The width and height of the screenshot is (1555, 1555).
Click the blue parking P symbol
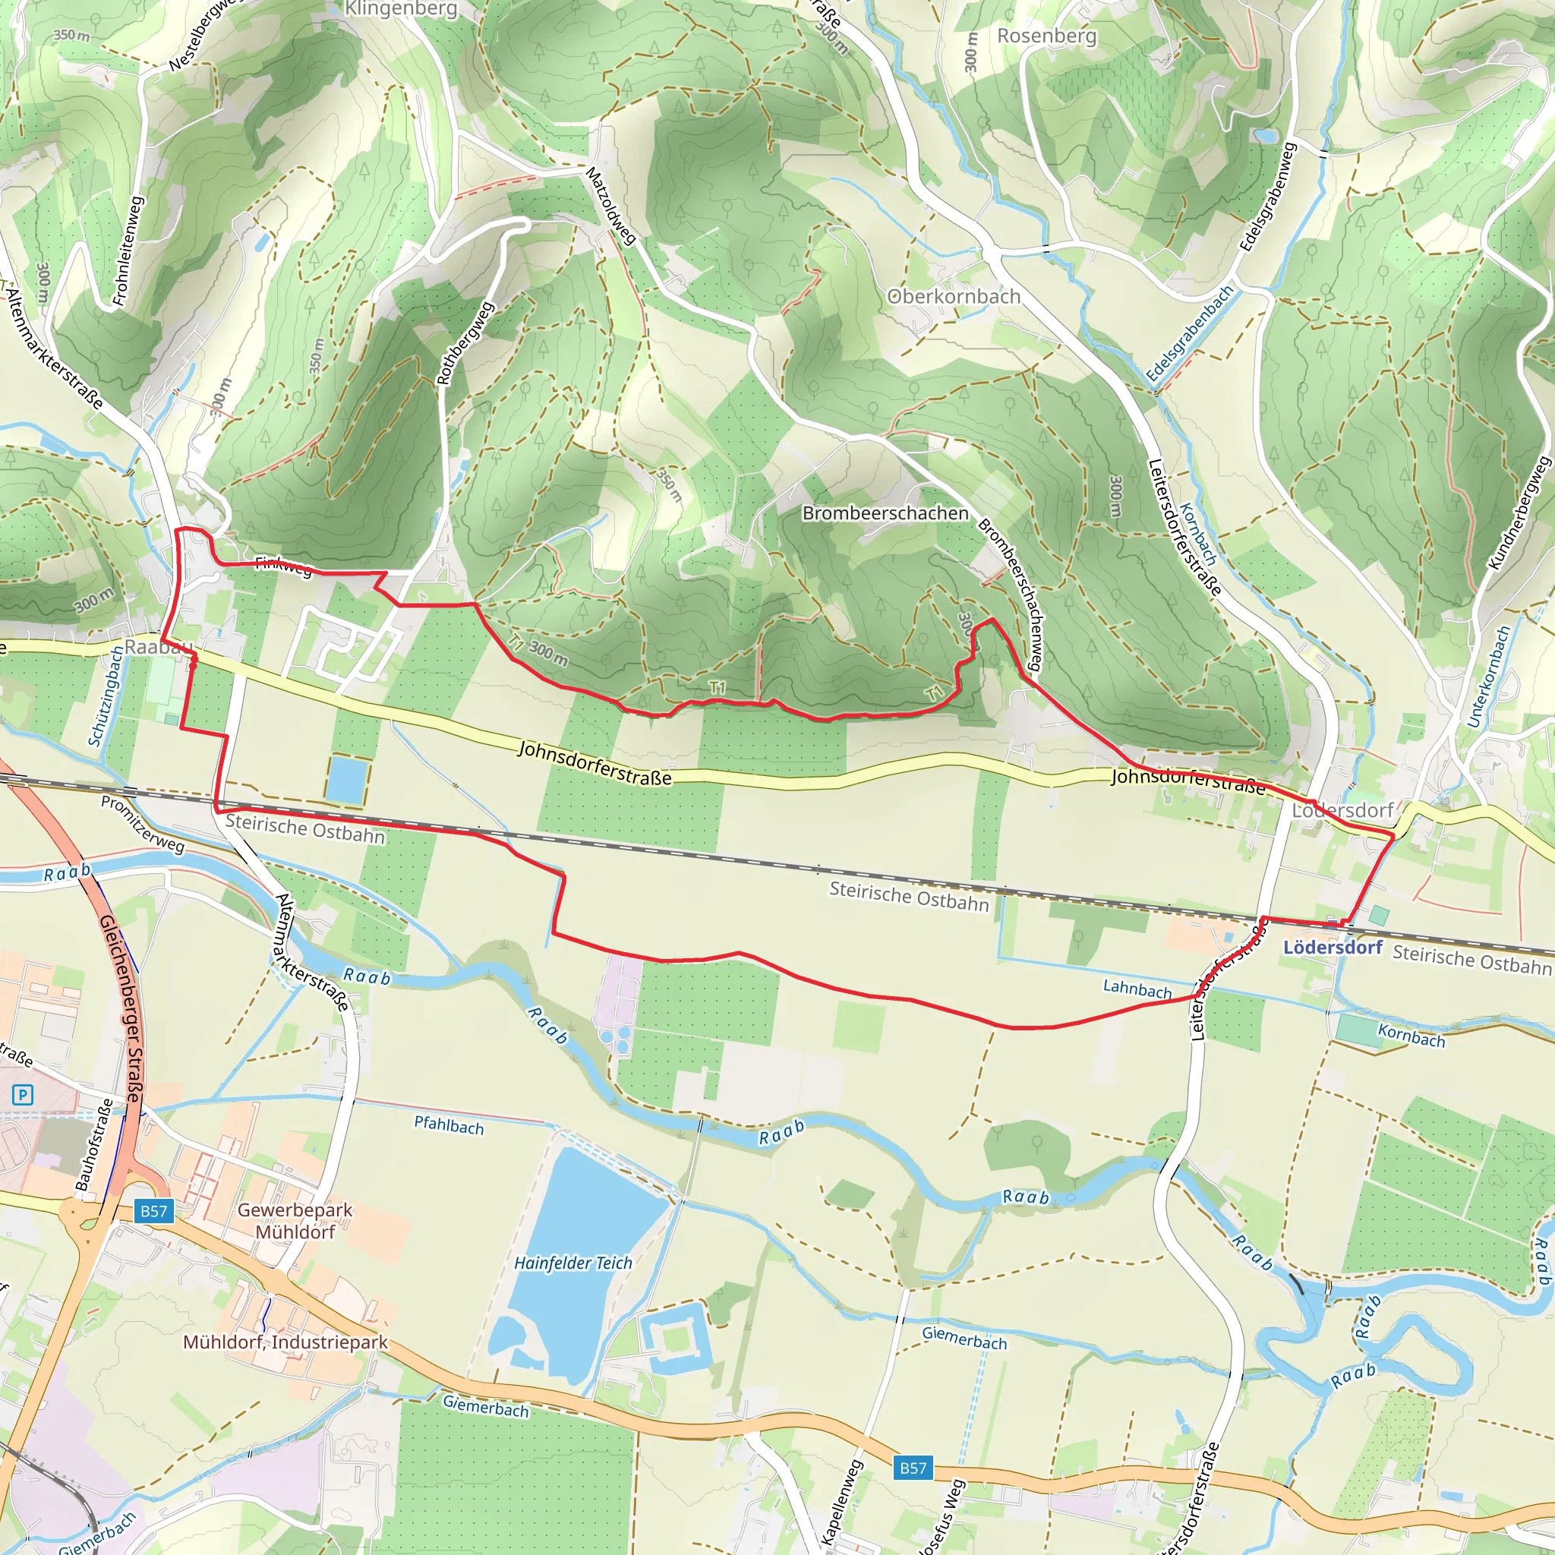24,1095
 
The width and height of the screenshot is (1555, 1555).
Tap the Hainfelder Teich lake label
573,1263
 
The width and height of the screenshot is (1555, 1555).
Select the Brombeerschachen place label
885,513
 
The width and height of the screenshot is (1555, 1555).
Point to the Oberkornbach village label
954,297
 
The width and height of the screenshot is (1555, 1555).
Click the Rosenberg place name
1046,36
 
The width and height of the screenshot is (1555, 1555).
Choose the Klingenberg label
401,10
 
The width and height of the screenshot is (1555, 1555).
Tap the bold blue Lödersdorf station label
1332,948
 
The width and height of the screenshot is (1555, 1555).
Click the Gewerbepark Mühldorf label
295,1220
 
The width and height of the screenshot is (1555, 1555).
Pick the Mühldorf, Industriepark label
285,1342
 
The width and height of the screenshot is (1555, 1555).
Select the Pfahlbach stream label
449,1125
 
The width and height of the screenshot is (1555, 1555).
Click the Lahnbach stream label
1137,989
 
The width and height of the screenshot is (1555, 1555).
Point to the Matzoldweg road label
612,205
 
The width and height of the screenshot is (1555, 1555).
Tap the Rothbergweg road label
465,343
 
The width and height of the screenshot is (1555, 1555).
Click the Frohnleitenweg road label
129,251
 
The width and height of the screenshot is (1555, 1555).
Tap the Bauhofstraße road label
94,1143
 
